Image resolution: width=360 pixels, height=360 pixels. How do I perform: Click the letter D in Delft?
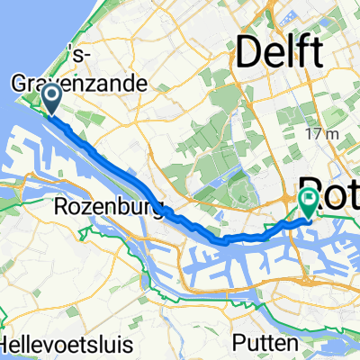tap(247, 54)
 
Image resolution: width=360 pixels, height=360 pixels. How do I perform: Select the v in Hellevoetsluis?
tap(54, 345)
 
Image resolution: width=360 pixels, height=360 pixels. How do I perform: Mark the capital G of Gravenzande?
tap(20, 84)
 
